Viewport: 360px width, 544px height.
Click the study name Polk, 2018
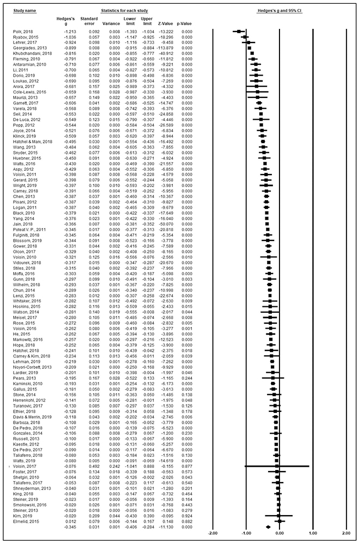pyautogui.click(x=18, y=32)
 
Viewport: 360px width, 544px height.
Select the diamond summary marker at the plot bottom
pyautogui.click(x=268, y=527)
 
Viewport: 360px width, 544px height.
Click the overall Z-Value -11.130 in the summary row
pyautogui.click(x=166, y=527)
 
